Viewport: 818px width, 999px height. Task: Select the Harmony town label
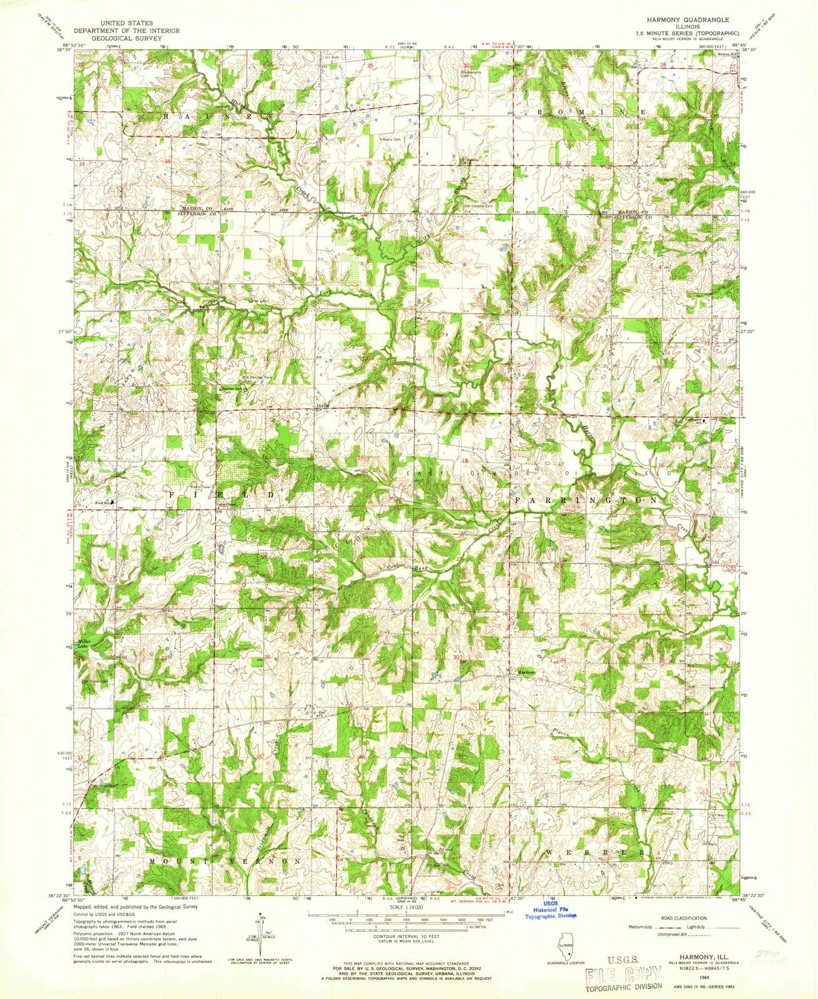[x=526, y=672]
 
